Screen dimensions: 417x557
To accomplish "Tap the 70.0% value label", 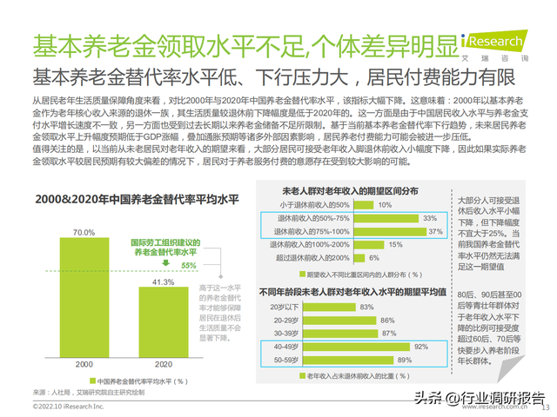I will tap(84, 233).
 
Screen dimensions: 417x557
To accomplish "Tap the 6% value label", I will tap(373, 257).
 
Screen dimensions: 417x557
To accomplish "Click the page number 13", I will tap(547, 407).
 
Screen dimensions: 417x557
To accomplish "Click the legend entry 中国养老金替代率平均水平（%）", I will tap(144, 381).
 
